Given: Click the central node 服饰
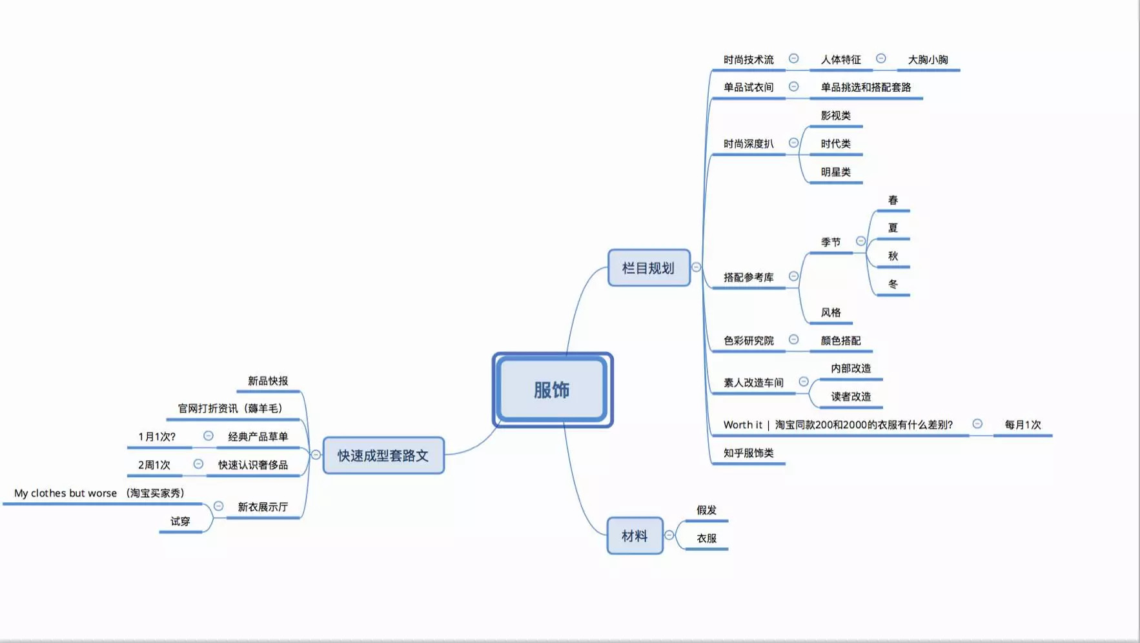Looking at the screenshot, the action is (x=553, y=390).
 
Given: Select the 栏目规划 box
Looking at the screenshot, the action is (x=649, y=268).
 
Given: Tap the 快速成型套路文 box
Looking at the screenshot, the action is (x=383, y=456).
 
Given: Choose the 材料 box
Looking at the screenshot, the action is (x=635, y=536).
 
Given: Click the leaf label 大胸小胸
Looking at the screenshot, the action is (x=928, y=60).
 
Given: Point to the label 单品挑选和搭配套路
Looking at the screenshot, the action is (x=866, y=87).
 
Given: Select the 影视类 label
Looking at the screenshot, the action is (x=835, y=116).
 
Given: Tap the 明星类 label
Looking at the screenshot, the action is (x=835, y=172).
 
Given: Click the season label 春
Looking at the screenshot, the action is (x=893, y=200).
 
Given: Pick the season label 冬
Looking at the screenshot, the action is (x=893, y=284).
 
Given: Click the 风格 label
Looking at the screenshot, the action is (x=831, y=312).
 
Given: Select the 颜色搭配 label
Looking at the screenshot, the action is (x=840, y=341).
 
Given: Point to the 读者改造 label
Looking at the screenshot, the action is (x=851, y=396).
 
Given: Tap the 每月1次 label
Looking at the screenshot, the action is (x=1023, y=425).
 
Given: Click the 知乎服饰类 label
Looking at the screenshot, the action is (x=748, y=453).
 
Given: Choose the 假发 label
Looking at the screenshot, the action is (x=706, y=510).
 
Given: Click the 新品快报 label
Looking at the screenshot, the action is (x=268, y=381).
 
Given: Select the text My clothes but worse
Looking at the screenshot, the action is (x=66, y=493).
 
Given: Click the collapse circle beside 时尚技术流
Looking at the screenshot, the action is (x=794, y=59).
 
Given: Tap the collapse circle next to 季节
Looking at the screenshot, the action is (x=860, y=241).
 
